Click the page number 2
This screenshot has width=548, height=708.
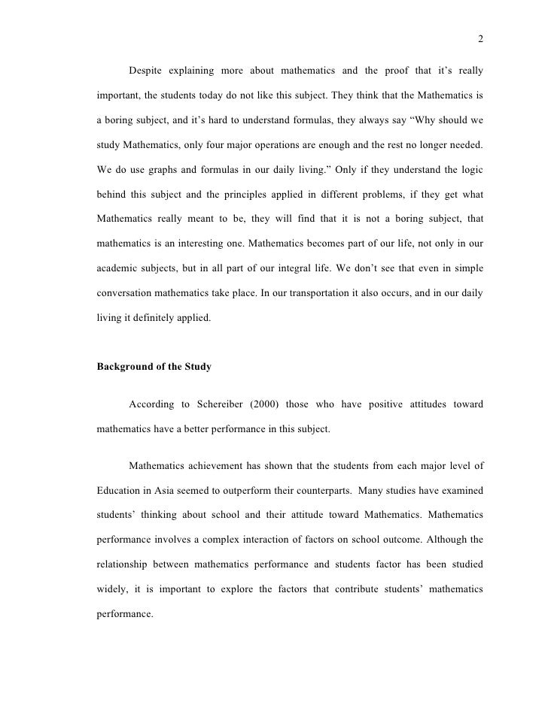click(479, 40)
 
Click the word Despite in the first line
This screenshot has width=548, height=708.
click(149, 71)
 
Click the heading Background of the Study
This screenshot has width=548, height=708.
click(154, 368)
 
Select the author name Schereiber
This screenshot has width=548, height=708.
click(227, 406)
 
